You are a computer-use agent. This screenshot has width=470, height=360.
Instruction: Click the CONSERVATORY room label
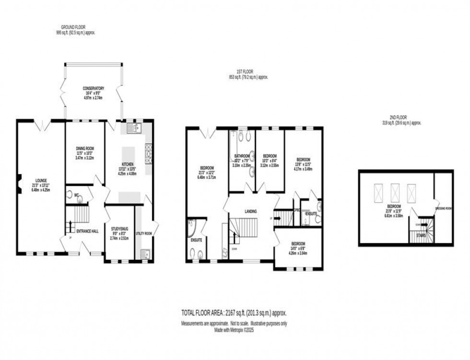point(93,88)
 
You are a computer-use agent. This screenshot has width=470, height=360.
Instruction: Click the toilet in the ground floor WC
point(80,197)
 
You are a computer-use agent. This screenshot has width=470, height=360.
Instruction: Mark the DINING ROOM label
point(85,149)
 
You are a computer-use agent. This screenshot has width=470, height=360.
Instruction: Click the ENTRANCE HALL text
point(87,231)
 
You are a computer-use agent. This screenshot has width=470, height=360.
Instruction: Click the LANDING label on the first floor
point(250,211)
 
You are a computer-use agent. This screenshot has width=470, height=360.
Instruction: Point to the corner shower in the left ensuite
point(192,227)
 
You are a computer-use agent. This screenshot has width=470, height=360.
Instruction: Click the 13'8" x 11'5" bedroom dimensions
point(303,166)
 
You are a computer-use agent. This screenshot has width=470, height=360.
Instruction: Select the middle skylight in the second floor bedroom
point(395,192)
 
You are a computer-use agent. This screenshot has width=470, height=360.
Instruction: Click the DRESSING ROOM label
point(443,209)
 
